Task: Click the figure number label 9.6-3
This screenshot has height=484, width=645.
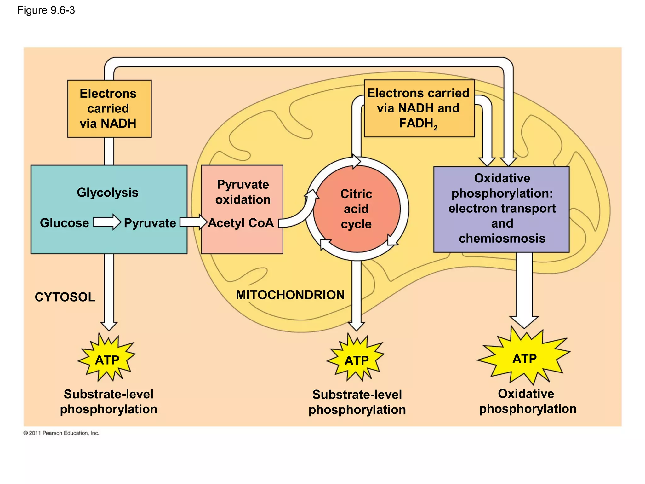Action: (46, 10)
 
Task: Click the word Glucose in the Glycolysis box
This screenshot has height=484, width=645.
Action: (64, 223)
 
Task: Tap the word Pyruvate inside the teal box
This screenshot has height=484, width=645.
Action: (150, 223)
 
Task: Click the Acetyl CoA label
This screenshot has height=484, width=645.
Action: (241, 223)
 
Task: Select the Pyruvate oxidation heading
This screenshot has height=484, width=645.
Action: (243, 192)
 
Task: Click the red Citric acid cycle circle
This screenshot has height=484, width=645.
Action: (356, 209)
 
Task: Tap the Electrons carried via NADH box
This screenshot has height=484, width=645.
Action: (109, 109)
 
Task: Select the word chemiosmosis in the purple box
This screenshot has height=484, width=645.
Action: (502, 238)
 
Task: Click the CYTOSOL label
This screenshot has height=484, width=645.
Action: (65, 297)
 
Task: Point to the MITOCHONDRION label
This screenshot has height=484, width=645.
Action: (290, 295)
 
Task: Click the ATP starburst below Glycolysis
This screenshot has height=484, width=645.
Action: (107, 360)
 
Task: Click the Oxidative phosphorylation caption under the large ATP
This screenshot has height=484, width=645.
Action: (528, 401)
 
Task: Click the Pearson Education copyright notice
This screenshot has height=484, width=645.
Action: (61, 433)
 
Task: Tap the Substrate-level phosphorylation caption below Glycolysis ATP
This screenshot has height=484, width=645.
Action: (109, 401)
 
